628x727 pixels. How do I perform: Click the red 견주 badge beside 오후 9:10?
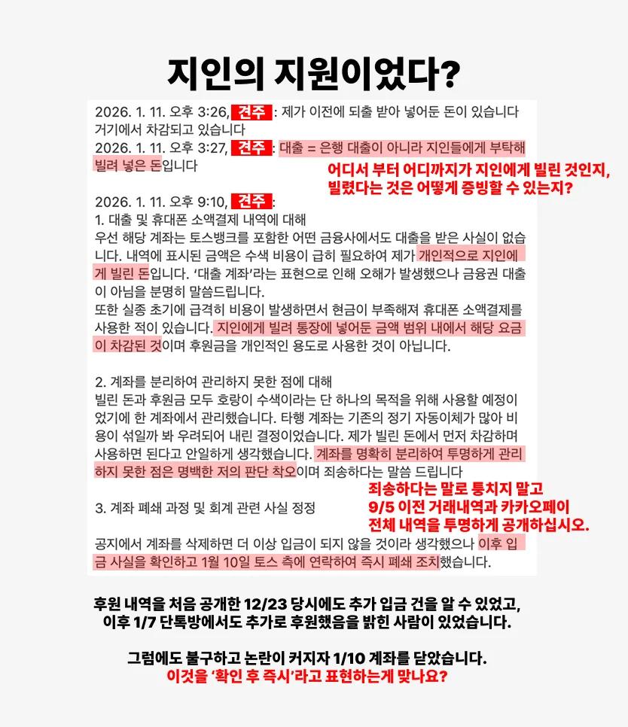tap(252, 202)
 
